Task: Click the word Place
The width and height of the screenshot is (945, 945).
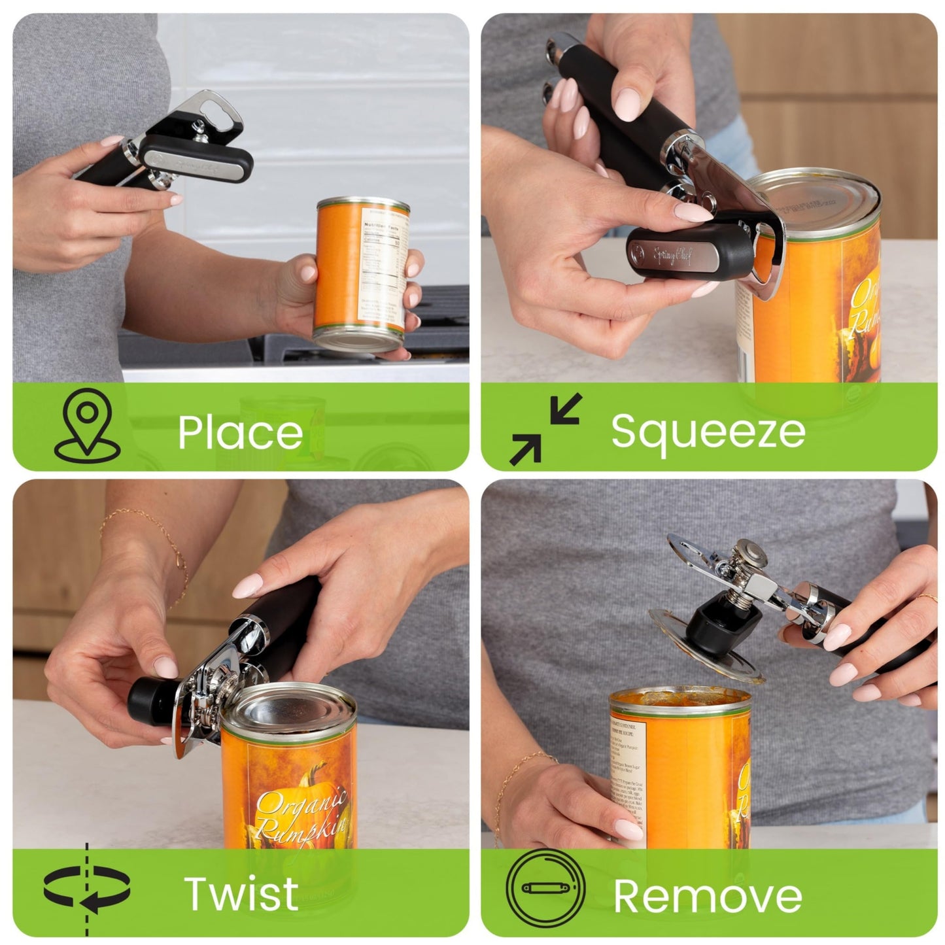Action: (x=240, y=432)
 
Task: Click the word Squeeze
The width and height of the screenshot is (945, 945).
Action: (x=708, y=432)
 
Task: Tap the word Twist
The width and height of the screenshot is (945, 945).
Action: (x=241, y=893)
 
